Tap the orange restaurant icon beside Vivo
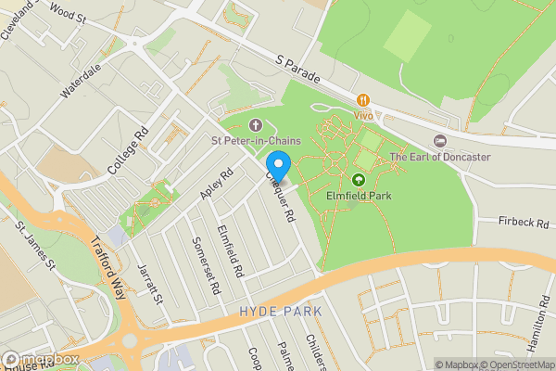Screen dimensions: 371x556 (x=363, y=99)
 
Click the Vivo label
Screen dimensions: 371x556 (x=363, y=115)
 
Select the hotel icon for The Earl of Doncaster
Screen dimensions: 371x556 (x=439, y=141)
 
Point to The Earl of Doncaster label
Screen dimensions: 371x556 (x=439, y=157)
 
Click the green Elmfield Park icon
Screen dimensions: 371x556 (x=359, y=179)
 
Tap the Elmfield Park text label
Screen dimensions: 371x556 (x=359, y=196)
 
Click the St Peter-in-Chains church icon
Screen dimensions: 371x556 (x=256, y=125)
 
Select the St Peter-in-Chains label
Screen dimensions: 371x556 (x=256, y=141)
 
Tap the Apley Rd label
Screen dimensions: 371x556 (x=217, y=183)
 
